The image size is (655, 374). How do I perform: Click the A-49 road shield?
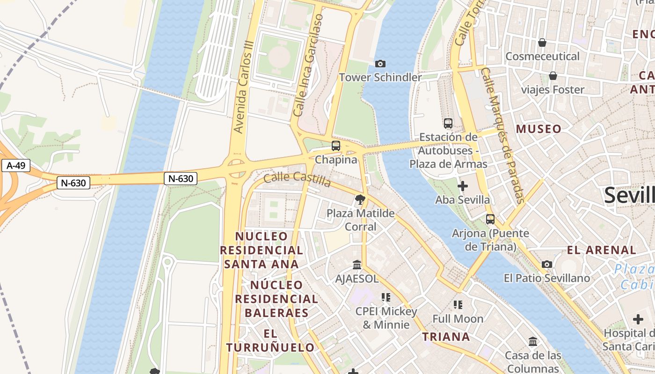pos(16,165)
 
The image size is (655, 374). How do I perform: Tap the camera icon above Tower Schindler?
pos(380,64)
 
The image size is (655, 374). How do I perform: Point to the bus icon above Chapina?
pos(336,146)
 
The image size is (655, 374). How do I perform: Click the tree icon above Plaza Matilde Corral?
pos(360,200)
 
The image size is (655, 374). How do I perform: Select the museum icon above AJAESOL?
pos(357,265)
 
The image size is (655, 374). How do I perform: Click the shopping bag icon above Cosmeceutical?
pos(542,43)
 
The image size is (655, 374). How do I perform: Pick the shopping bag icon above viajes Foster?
pos(553,76)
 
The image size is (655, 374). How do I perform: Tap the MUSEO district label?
pos(539,129)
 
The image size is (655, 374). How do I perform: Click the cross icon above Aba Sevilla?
pos(463,186)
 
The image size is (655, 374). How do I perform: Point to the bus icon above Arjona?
pos(490,219)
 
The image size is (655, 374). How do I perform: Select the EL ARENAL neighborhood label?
pos(602,250)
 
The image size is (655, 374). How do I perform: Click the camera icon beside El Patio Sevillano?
pos(547,265)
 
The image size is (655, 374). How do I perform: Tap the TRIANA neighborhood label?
pos(446,337)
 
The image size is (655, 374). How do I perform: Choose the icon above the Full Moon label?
pos(458,305)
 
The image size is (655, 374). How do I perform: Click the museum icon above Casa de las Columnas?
pos(533,342)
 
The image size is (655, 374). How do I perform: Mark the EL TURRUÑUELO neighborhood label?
pos(270,340)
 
